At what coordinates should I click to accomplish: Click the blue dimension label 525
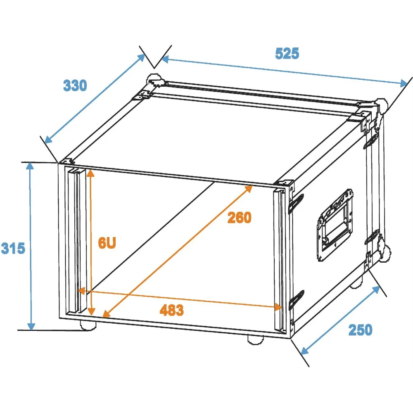coord(287,53)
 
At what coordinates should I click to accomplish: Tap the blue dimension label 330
coord(75,85)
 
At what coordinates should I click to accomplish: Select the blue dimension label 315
coord(13,248)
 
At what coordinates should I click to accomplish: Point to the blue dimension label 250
coord(360,330)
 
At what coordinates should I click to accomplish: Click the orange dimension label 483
coord(172,310)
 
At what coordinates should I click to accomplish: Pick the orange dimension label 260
coord(240,218)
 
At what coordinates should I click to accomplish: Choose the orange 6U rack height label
coord(107,243)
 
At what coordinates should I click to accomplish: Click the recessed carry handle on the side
coord(335,225)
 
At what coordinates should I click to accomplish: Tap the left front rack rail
coord(77,242)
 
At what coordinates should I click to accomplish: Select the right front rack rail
coord(280,260)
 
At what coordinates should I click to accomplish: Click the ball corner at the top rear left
coord(154,79)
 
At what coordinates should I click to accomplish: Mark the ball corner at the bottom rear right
coord(385,253)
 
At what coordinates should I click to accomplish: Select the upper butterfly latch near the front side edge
coord(296,203)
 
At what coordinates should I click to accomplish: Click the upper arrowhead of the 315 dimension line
coord(30,166)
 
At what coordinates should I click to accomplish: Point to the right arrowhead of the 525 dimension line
coord(404,83)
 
